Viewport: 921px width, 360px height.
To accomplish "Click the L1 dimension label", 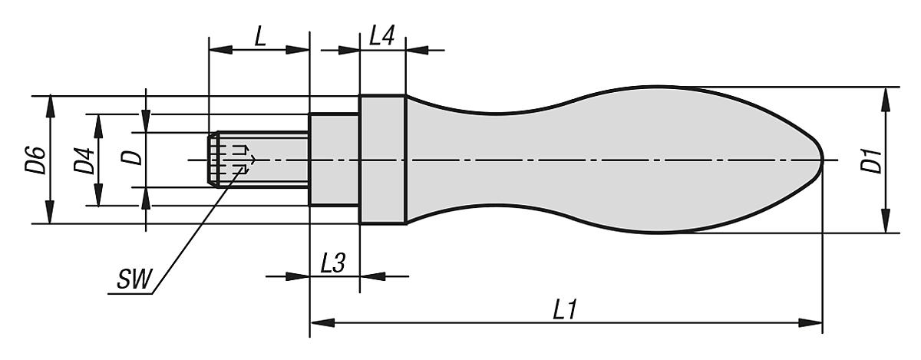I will click(565, 310).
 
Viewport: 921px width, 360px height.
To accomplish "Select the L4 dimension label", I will click(381, 36).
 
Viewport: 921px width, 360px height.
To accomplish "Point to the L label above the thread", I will click(260, 36).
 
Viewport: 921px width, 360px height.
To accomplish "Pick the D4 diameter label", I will click(84, 160).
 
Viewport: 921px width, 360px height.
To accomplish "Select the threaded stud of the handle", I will click(261, 160).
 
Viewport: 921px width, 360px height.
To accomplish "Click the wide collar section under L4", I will click(382, 160).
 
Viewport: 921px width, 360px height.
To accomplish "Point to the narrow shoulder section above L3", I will click(334, 160).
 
